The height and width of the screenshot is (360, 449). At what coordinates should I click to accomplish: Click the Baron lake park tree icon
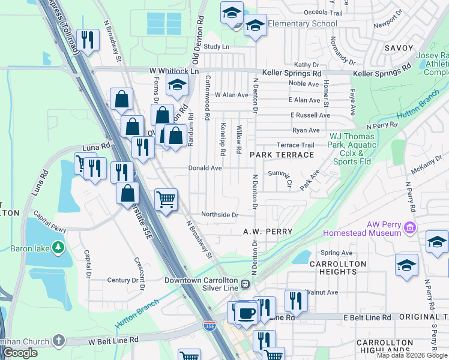pos(58,247)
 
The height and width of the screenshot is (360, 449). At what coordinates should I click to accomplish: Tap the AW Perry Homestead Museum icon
pos(410,227)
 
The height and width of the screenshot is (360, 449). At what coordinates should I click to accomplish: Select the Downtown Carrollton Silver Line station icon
pos(245,284)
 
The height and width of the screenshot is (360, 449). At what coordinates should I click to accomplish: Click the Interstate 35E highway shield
pos(209,326)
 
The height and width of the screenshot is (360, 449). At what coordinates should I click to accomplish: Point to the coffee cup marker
pos(246,313)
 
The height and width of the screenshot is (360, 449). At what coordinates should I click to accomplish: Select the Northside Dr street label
pos(220,215)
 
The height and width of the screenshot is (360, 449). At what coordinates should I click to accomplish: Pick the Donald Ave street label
pos(205,169)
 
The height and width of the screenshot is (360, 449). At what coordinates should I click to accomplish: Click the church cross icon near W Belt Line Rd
pos(58,340)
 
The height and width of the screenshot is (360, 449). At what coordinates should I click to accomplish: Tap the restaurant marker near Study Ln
pos(88,41)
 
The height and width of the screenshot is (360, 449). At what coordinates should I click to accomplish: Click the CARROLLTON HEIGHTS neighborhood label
pos(337,268)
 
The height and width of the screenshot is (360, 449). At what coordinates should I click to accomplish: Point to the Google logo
pos(20,353)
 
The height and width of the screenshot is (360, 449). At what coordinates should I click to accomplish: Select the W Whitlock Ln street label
pos(173,71)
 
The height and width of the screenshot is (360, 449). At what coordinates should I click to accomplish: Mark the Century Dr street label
pos(122,280)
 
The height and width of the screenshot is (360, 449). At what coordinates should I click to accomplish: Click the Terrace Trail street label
pos(295,145)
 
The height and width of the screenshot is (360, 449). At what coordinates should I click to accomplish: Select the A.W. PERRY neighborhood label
pos(268,232)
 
